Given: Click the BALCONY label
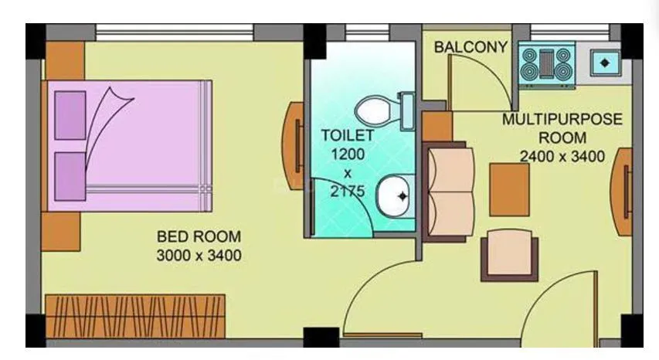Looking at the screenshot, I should coord(470,47).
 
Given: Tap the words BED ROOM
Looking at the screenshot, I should coord(199,236).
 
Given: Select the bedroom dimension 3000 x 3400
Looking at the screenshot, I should coord(199,254).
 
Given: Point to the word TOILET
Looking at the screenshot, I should coord(348,135).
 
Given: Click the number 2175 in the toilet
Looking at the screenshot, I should coord(348,191).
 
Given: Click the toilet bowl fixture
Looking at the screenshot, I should coord(383,108).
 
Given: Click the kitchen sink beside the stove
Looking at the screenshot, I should coord(605,61).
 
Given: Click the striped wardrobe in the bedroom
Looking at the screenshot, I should coord(134,314).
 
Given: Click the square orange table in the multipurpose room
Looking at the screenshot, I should coord(509,189).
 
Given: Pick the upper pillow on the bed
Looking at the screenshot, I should coord(70,115).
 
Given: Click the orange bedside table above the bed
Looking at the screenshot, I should coord(64,59).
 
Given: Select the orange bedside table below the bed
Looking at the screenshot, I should coord(61,231).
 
